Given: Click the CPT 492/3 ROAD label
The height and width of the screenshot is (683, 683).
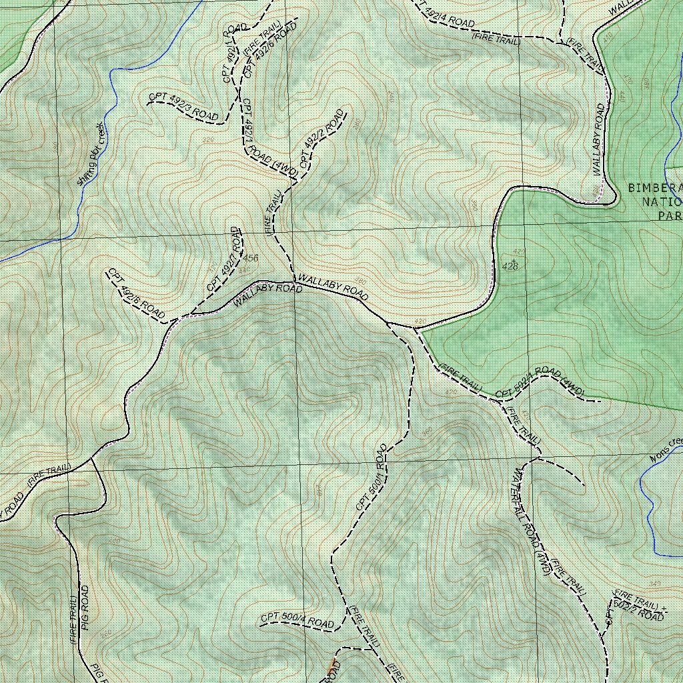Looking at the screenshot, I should [183, 107].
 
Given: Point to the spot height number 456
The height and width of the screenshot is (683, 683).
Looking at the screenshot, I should [251, 257].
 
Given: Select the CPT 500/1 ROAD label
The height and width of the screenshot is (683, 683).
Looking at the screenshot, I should [372, 478].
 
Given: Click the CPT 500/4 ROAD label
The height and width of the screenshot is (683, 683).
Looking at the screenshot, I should [297, 620].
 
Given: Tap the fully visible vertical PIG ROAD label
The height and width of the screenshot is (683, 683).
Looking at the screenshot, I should [85, 608].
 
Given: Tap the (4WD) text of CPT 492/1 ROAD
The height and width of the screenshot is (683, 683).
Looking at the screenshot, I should [283, 167].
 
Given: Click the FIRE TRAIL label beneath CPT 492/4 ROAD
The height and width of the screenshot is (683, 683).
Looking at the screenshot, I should [496, 39].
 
